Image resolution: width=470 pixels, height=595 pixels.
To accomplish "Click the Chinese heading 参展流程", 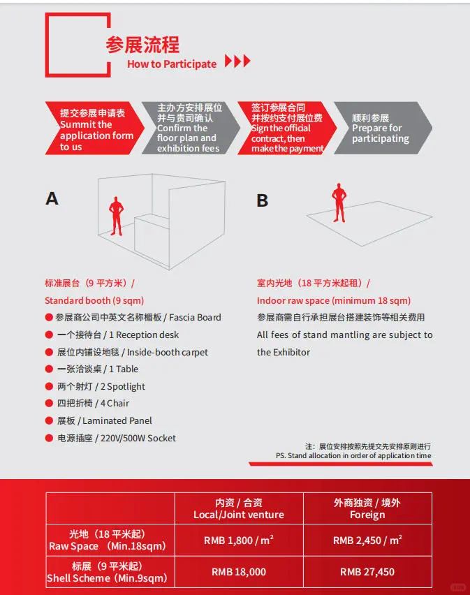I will (x=142, y=45).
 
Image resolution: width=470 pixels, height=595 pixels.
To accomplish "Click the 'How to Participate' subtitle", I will (x=172, y=64).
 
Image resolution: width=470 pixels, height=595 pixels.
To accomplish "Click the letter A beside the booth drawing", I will (x=52, y=199).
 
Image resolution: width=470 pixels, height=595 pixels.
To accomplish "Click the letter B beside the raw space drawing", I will (x=263, y=201).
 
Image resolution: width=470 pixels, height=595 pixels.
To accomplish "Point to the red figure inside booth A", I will (x=116, y=215).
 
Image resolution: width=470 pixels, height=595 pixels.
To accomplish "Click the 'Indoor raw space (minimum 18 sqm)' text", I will (x=334, y=301).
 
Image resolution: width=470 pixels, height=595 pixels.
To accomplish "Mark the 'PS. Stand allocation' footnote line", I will (x=353, y=455).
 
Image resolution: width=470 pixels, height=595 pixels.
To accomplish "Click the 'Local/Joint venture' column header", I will (x=239, y=515).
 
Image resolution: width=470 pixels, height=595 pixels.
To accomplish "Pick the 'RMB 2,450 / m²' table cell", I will (x=367, y=540).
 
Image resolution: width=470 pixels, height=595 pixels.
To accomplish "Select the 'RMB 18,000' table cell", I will (x=239, y=572).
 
